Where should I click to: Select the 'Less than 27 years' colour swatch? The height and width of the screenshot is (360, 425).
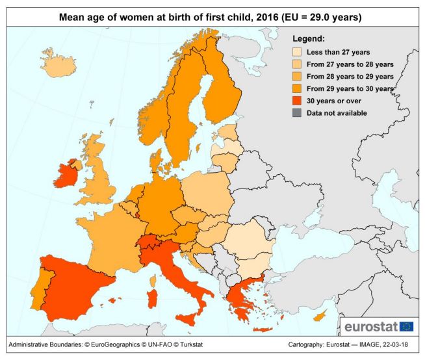coord(297,51)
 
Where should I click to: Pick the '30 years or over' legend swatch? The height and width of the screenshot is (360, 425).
coord(297,101)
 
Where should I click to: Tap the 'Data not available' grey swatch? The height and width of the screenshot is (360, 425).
coord(297,113)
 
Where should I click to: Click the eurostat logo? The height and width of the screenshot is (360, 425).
coord(371,326)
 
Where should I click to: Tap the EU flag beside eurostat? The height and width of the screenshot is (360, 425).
coord(407,326)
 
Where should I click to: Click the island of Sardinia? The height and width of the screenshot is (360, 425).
coord(153,299)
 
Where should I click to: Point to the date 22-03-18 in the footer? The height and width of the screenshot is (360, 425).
coord(397,344)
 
